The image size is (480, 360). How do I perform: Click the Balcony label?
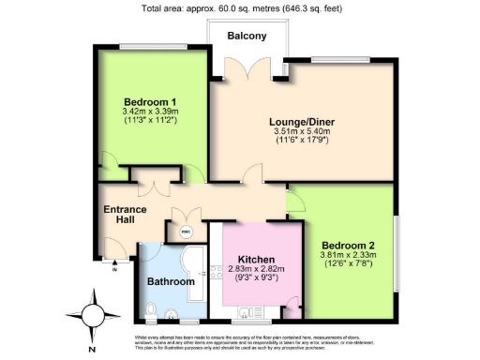click(x=248, y=36)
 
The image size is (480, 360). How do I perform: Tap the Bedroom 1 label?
click(x=151, y=101)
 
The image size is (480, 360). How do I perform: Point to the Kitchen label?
click(x=256, y=260)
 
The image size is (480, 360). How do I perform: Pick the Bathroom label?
click(x=171, y=281)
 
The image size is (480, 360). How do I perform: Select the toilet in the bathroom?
click(x=152, y=310)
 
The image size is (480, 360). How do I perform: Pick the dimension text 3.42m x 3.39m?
click(x=151, y=112)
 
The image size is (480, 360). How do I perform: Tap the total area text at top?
click(x=241, y=9)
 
